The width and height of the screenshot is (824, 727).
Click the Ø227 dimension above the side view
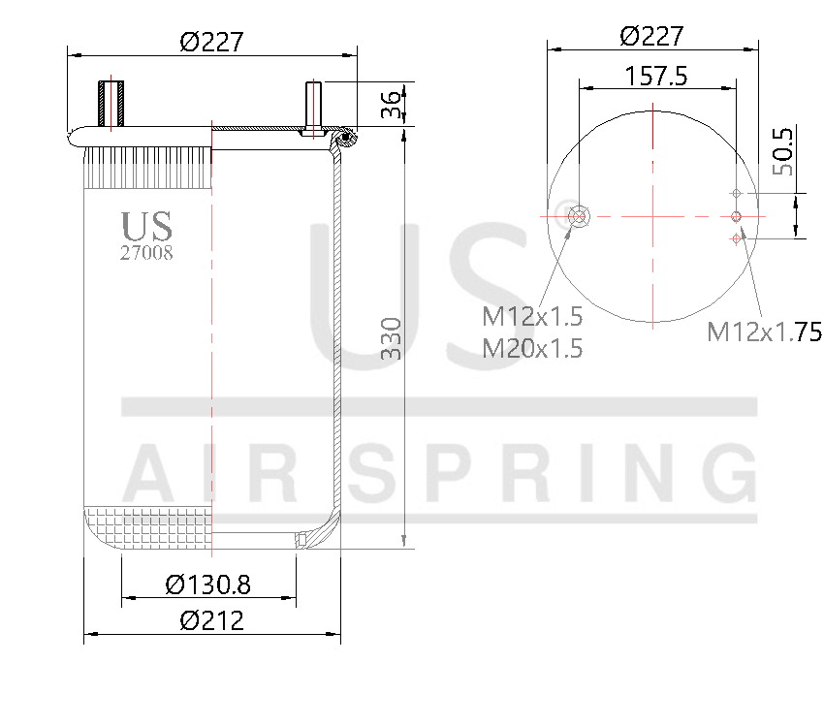pyautogui.click(x=211, y=42)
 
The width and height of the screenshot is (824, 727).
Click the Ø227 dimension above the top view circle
pyautogui.click(x=651, y=36)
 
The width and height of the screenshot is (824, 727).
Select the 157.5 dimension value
pyautogui.click(x=655, y=76)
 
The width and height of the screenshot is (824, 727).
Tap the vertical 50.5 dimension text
pyautogui.click(x=782, y=151)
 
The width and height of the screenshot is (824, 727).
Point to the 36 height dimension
pyautogui.click(x=391, y=105)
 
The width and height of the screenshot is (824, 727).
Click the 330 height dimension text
pyautogui.click(x=390, y=338)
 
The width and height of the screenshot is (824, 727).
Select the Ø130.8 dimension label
pyautogui.click(x=207, y=585)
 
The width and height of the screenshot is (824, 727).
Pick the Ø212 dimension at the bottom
pyautogui.click(x=211, y=620)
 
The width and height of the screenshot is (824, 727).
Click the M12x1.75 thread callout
pyautogui.click(x=764, y=332)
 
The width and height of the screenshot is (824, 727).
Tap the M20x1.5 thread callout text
pyautogui.click(x=532, y=348)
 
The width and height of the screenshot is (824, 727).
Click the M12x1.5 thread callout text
pyautogui.click(x=532, y=316)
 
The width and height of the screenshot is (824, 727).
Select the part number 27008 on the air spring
pyautogui.click(x=146, y=255)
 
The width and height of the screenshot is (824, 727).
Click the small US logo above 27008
pyautogui.click(x=146, y=226)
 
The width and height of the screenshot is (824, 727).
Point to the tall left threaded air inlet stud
pyautogui.click(x=111, y=105)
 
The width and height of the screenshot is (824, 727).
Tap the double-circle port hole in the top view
pyautogui.click(x=580, y=215)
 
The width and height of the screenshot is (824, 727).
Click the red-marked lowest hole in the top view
pyautogui.click(x=737, y=237)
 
